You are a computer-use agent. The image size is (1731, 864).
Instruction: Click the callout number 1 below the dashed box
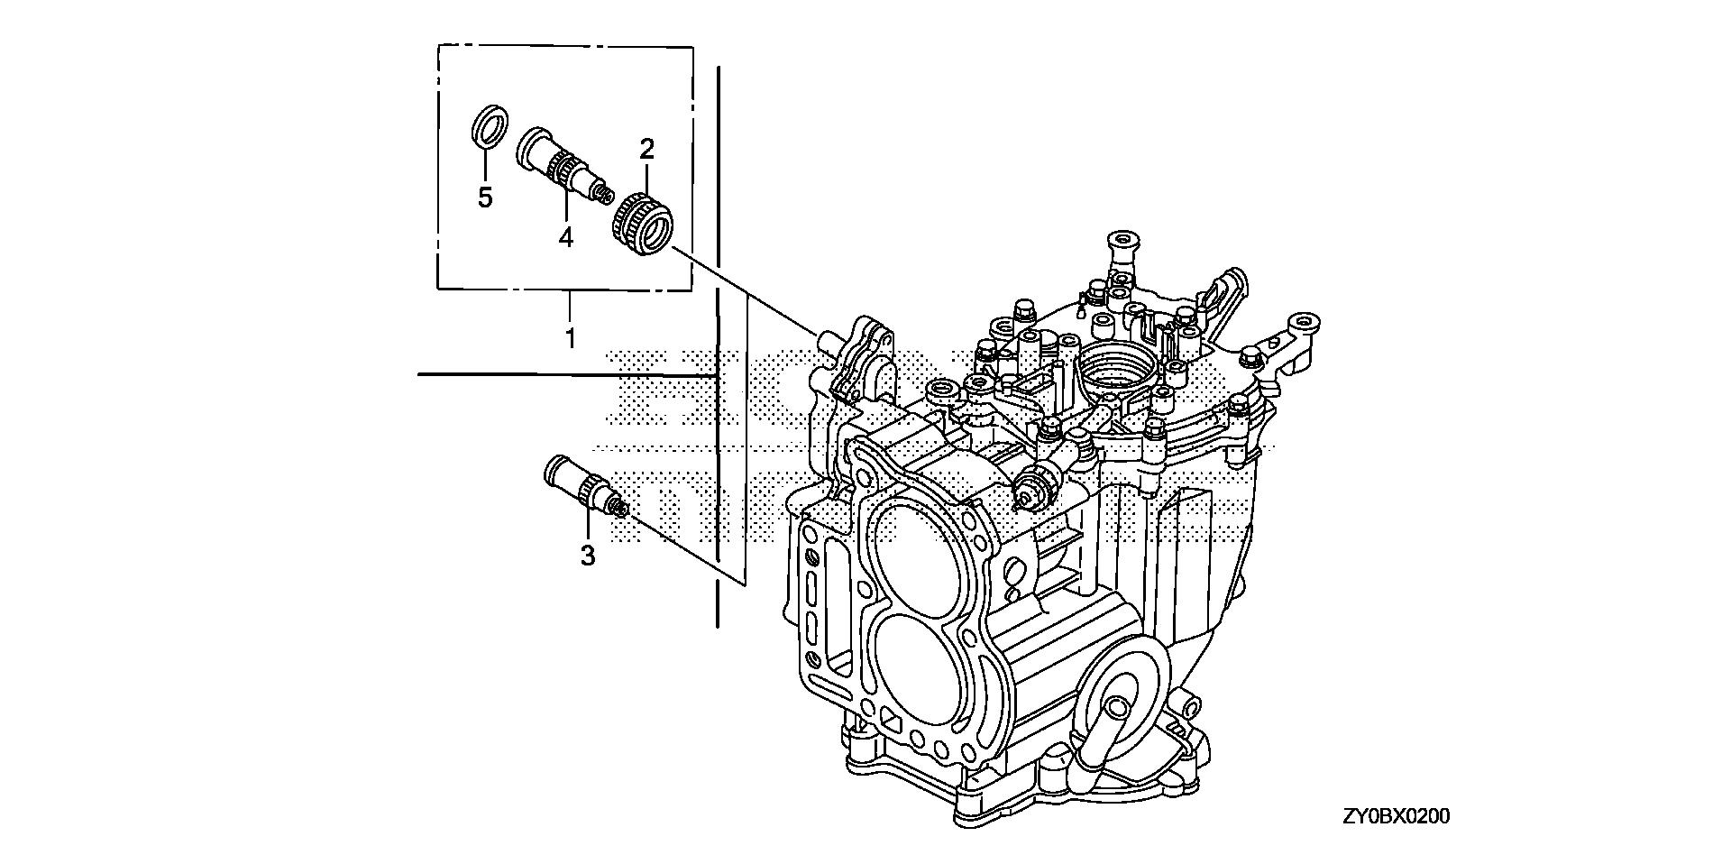pos(570,339)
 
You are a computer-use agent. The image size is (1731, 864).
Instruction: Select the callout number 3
pos(588,556)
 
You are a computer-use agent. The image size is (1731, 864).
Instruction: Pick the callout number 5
pos(485,198)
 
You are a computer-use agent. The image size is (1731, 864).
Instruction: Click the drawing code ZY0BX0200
pos(1396,817)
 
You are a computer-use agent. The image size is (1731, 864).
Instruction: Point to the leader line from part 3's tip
pos(685,550)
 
